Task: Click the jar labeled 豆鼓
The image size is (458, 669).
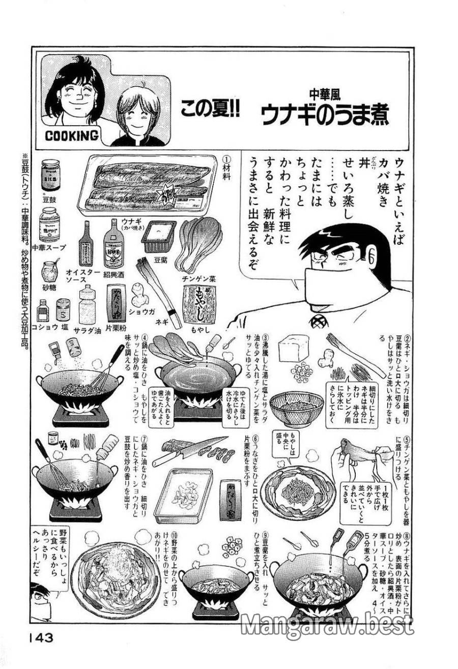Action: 50,175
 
